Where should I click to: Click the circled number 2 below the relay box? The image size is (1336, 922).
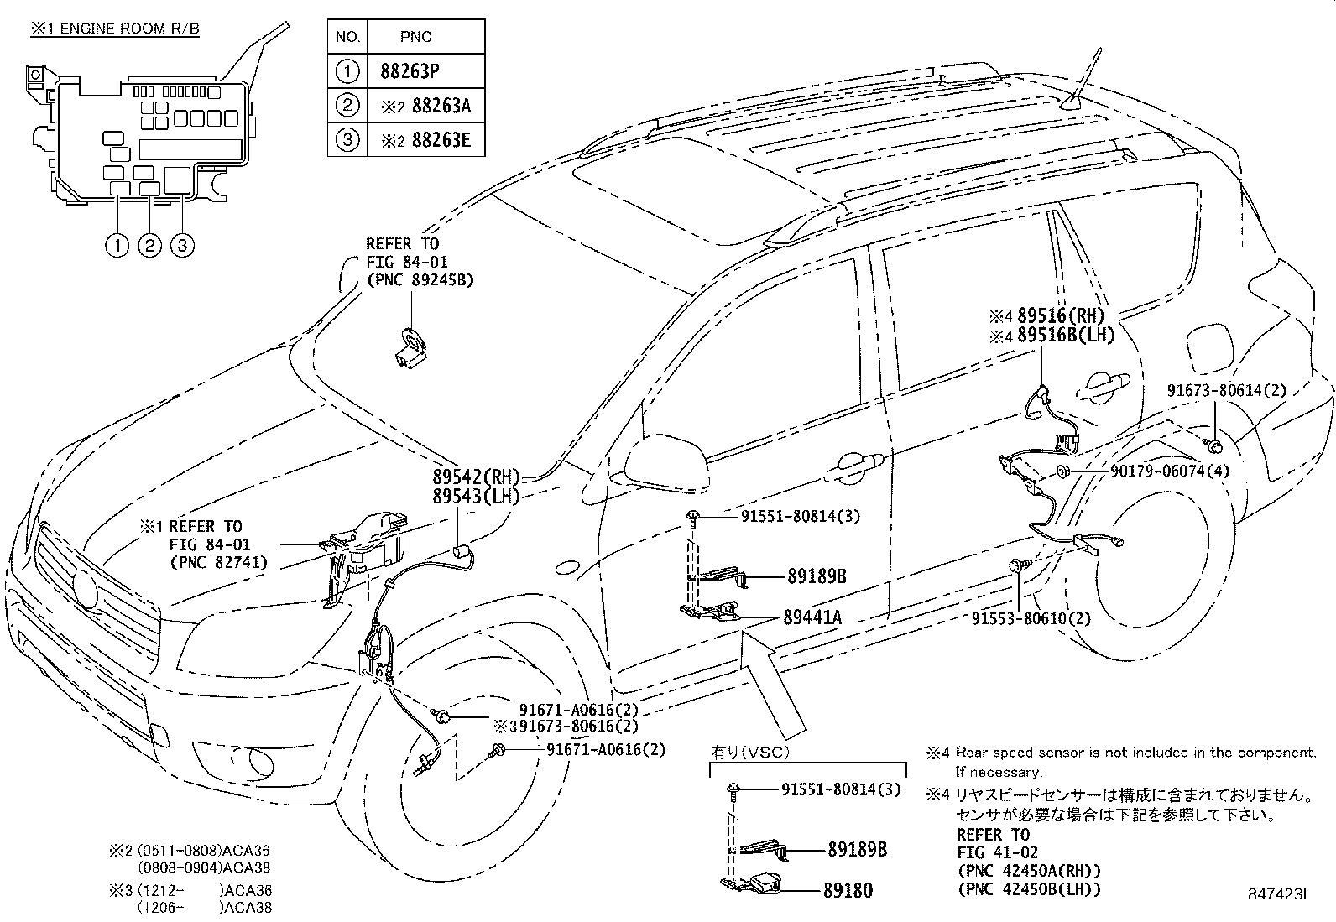click(x=149, y=246)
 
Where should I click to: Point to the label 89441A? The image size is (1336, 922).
click(x=812, y=618)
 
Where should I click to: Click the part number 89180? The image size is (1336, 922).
click(x=851, y=890)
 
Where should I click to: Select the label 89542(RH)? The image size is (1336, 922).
click(x=476, y=479)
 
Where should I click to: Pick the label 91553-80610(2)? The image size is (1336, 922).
click(x=1031, y=618)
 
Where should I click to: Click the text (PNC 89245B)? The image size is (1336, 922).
click(x=420, y=280)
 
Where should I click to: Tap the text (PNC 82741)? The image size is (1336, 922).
click(x=218, y=562)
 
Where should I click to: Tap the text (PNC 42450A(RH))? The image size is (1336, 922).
click(x=1028, y=871)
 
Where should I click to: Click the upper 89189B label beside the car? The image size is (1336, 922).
click(x=816, y=576)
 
